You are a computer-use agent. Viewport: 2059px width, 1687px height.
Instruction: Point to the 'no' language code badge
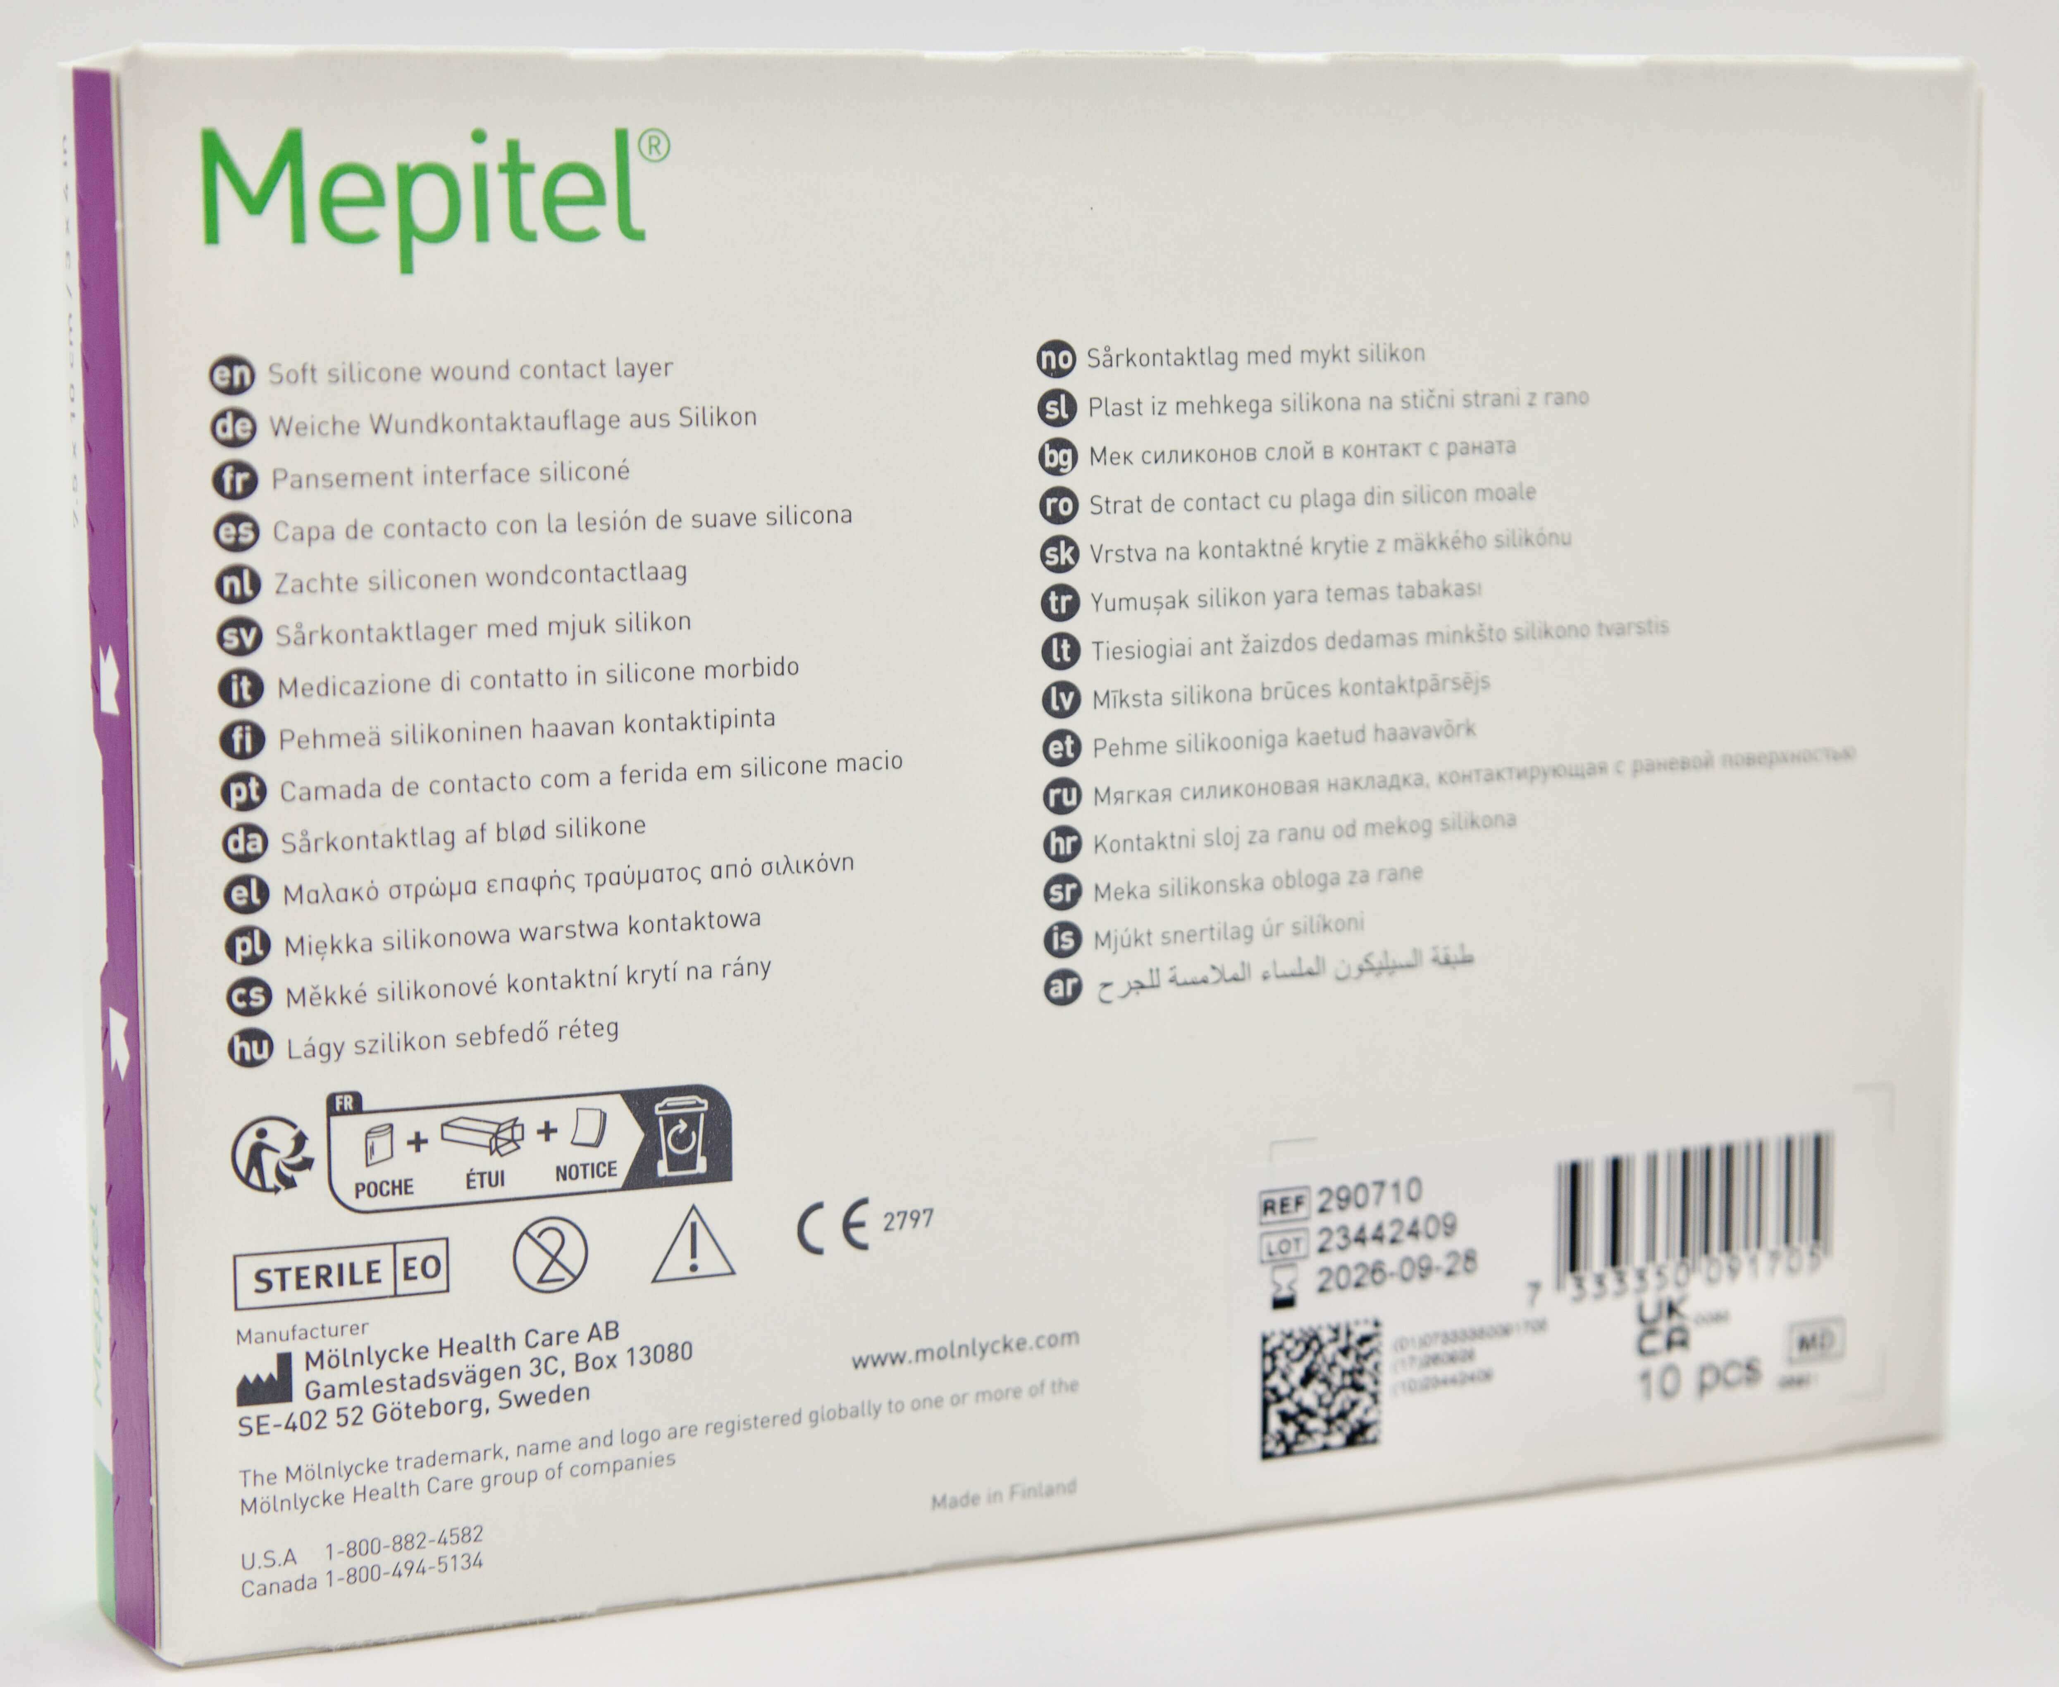pyautogui.click(x=1056, y=358)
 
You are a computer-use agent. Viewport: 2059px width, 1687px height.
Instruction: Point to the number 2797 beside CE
pyautogui.click(x=907, y=1219)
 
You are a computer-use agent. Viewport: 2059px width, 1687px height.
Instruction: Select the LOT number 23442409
pyautogui.click(x=1386, y=1234)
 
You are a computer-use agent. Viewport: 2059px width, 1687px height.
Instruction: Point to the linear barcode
pyautogui.click(x=1696, y=1205)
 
